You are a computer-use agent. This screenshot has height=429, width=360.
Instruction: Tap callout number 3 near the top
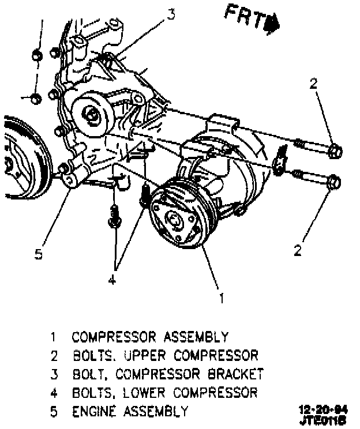171,14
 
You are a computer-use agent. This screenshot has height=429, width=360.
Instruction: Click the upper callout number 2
313,84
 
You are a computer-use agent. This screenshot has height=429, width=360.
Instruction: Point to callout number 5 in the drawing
38,253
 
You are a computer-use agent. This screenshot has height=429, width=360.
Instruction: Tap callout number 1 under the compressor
220,298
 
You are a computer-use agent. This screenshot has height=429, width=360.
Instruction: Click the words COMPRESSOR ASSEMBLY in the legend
150,336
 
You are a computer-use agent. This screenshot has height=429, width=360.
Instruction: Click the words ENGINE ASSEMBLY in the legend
130,411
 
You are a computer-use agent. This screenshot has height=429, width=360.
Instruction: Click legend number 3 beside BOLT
54,374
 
